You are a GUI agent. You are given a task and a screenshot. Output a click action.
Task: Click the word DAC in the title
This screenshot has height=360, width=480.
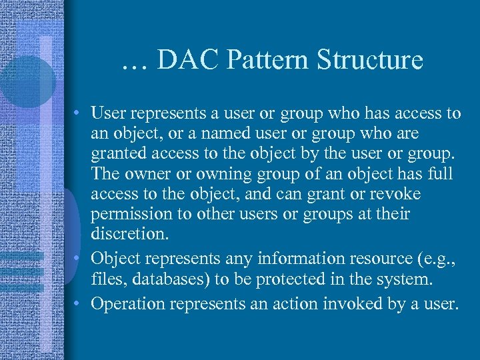189,59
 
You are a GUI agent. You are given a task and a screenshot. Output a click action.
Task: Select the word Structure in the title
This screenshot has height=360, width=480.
369,59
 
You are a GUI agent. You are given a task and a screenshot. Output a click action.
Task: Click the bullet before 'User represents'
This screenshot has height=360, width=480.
79,114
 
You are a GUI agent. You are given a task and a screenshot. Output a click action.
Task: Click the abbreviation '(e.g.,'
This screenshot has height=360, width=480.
435,259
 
